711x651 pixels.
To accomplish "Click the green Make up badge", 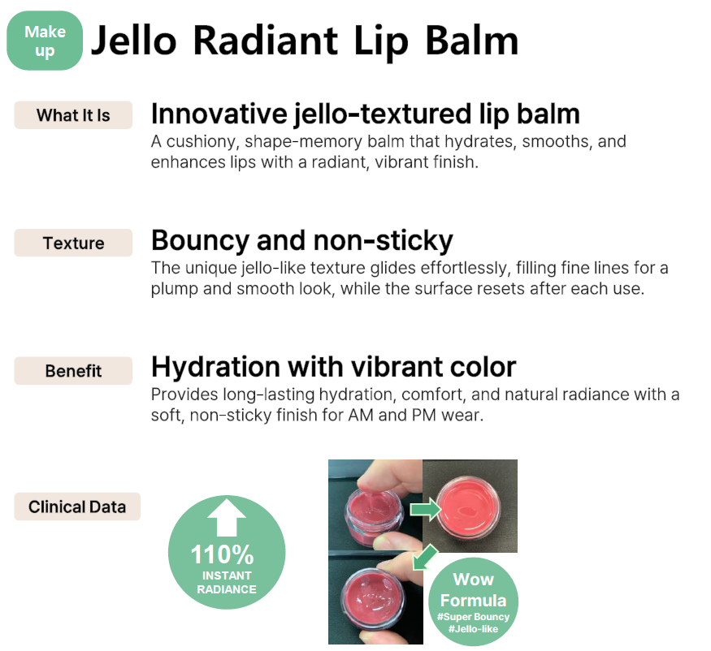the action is point(45,41).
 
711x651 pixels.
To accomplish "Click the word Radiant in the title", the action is point(265,41).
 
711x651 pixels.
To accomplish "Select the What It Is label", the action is point(73,115).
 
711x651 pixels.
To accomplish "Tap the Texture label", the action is point(73,243).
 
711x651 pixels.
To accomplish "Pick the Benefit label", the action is point(73,371).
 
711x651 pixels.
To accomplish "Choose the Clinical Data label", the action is point(77,507).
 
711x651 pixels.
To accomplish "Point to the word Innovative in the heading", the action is point(219,114).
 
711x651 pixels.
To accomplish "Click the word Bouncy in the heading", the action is point(200,240).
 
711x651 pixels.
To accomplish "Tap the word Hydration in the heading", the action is point(215,367).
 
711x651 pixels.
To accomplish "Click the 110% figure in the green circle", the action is point(222,554).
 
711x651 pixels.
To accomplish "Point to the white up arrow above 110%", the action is point(227,518).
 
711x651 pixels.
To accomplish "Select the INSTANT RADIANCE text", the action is point(227,582).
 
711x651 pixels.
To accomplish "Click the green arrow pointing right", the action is point(425,509).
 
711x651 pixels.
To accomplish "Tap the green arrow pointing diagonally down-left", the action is point(425,557).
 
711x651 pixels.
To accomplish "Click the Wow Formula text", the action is point(474,589).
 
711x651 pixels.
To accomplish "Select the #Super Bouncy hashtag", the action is point(474,617).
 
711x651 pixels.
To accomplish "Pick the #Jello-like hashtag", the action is point(474,629).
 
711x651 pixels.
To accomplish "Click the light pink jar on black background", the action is point(468,507).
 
